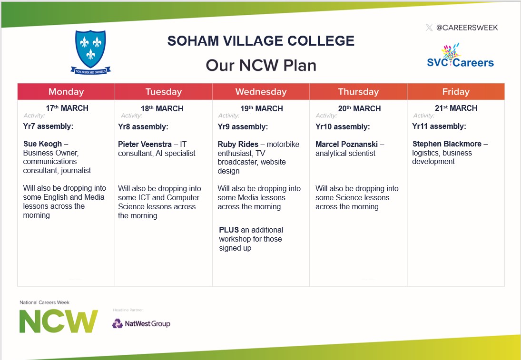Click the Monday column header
click(66, 92)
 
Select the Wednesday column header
click(261, 92)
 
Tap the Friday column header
click(455, 92)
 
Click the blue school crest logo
click(90, 51)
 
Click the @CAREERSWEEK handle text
click(467, 28)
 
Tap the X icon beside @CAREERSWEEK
click(429, 28)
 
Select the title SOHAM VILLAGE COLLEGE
click(261, 41)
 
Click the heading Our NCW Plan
click(261, 65)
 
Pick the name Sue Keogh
click(43, 144)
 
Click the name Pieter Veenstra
click(145, 144)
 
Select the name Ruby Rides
click(238, 144)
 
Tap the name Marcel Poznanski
click(346, 144)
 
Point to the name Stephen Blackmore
click(447, 144)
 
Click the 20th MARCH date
click(359, 108)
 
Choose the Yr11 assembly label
click(439, 126)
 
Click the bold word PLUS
click(229, 230)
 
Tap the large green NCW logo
click(59, 321)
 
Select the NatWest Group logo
click(141, 324)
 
